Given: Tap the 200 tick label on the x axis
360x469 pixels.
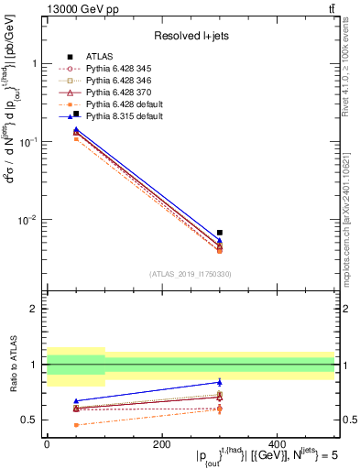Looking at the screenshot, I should (161, 444).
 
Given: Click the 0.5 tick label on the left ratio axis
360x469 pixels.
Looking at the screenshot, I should (31, 420).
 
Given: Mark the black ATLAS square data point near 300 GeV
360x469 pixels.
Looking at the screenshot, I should (219, 233).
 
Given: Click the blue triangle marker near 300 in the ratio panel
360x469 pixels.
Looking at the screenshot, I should (219, 382).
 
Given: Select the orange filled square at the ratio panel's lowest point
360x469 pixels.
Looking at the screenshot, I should (75, 425).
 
